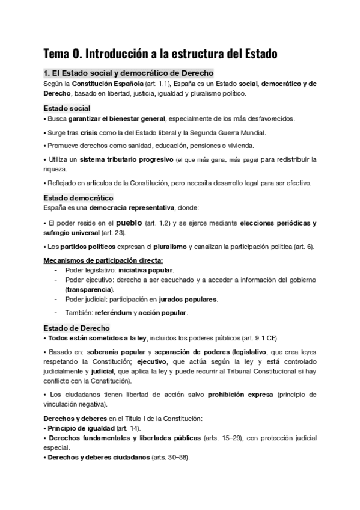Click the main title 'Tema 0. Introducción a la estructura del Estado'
(x=160, y=53)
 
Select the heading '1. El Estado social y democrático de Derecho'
(x=128, y=73)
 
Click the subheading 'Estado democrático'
(x=79, y=197)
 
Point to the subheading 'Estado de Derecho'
(x=77, y=328)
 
